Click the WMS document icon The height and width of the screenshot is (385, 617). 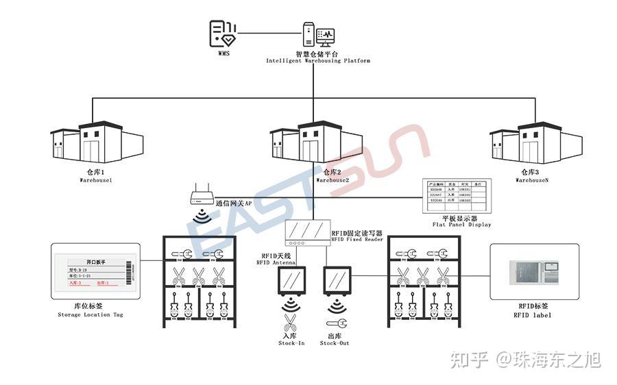[223, 32]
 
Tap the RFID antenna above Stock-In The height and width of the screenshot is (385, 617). [290, 280]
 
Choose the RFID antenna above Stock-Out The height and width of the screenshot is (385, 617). [336, 280]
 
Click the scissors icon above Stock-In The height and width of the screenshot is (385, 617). [290, 323]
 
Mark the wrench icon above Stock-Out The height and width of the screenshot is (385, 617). [336, 323]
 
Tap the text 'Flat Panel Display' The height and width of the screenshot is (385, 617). [461, 225]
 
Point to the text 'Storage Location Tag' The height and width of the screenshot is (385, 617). [90, 315]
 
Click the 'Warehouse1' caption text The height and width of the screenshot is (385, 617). [95, 180]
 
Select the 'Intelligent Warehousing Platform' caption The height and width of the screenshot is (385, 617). [318, 61]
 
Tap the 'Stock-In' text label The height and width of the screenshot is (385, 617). [291, 343]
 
